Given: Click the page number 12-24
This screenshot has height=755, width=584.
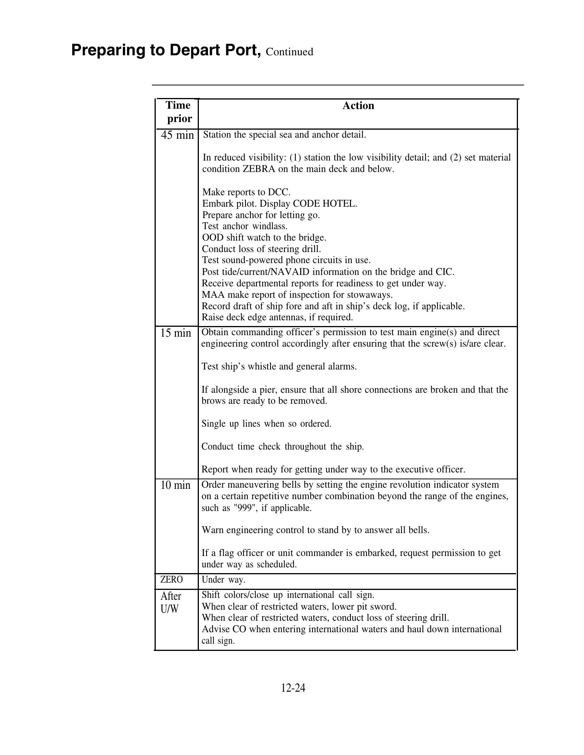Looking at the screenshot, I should coord(293,688).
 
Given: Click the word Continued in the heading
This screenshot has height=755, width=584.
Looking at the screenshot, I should coord(289,52).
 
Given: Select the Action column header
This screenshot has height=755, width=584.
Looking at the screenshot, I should coord(358,106).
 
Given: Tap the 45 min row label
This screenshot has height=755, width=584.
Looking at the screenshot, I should coord(177,135).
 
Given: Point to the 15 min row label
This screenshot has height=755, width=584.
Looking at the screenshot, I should coord(176,333).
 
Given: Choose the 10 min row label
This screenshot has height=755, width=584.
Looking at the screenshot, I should coord(175,485).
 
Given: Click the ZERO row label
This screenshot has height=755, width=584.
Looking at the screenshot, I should coord(171,580).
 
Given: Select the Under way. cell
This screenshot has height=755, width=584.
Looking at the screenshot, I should coord(223,580).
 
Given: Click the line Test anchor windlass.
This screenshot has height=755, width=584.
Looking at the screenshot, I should coord(244,226).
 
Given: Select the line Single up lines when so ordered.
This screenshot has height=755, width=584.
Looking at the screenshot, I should coord(266,424).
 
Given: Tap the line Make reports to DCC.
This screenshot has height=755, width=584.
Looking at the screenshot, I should coord(246,192).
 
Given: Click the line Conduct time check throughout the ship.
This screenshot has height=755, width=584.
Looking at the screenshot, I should coord(282,447).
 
